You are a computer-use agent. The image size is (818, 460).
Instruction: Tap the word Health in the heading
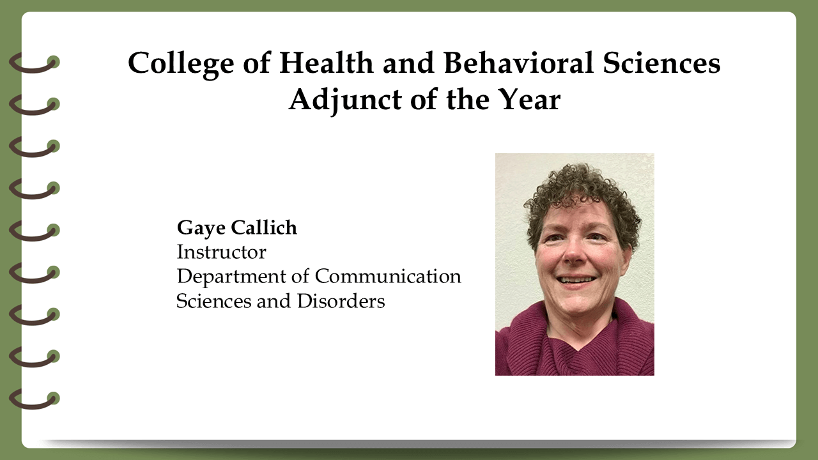[x=327, y=63]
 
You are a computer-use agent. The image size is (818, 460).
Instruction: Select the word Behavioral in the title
[x=518, y=63]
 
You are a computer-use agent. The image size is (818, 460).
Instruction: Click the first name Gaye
[x=201, y=229]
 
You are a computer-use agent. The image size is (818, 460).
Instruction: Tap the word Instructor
[x=222, y=252]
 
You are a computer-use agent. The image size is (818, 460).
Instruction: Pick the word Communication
[x=388, y=276]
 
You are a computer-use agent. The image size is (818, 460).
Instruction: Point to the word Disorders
[x=341, y=301]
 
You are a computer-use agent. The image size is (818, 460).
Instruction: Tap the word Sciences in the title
[x=661, y=63]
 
